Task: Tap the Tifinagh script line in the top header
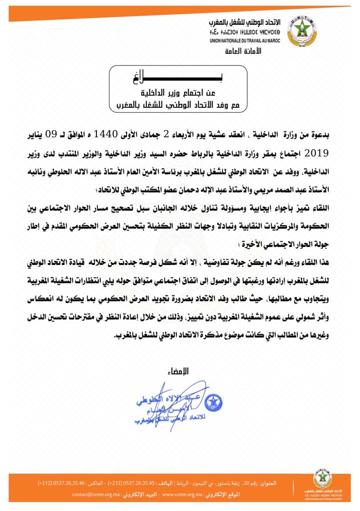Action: click(x=247, y=32)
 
